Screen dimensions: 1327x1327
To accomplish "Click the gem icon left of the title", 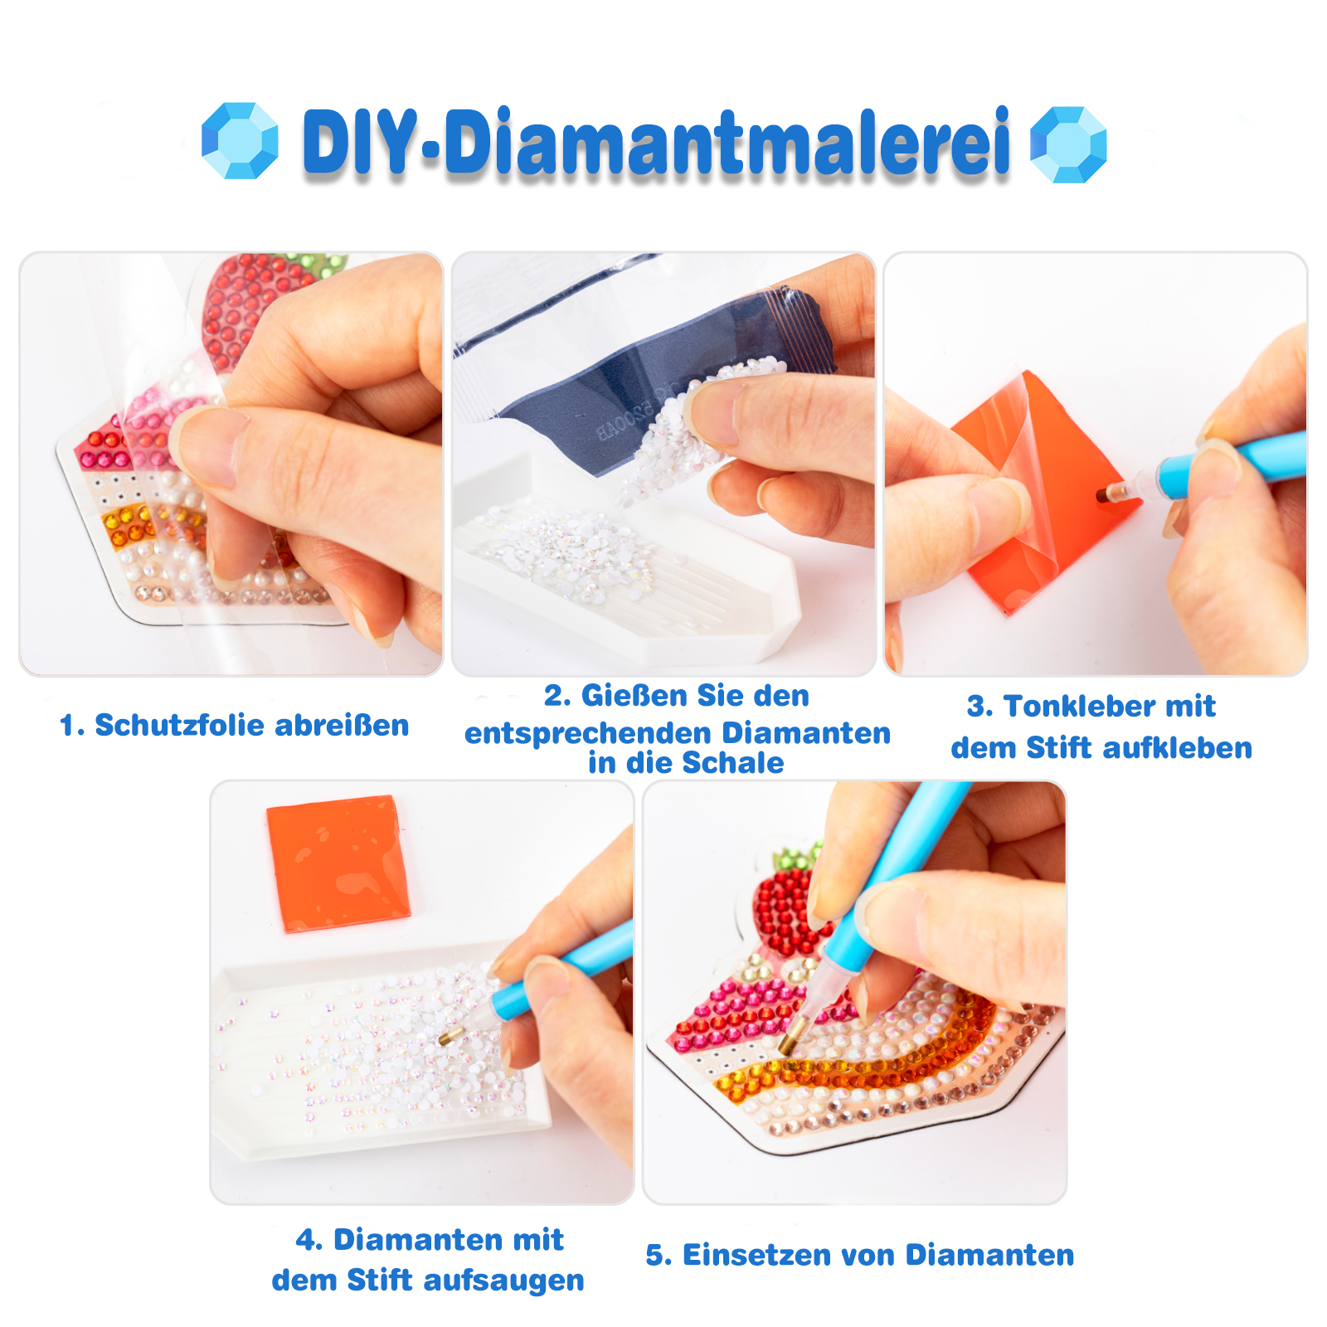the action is coord(240,141).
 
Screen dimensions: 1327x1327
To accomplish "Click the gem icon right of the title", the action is coord(1068,144).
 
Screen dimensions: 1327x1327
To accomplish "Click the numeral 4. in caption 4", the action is coord(309,1240).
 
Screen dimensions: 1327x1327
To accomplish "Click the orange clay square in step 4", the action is coord(338,863).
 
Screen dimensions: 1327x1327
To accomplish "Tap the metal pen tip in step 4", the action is coord(452,1035).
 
